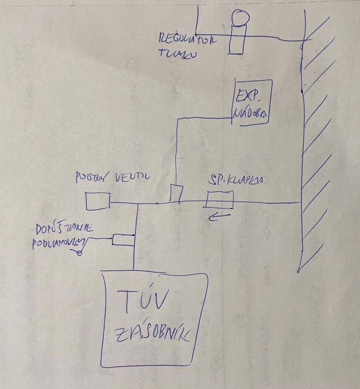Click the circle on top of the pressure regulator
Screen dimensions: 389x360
241,18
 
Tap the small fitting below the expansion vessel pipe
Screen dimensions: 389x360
177,194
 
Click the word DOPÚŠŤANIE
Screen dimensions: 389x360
65,229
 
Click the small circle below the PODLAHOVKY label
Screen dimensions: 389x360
79,253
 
